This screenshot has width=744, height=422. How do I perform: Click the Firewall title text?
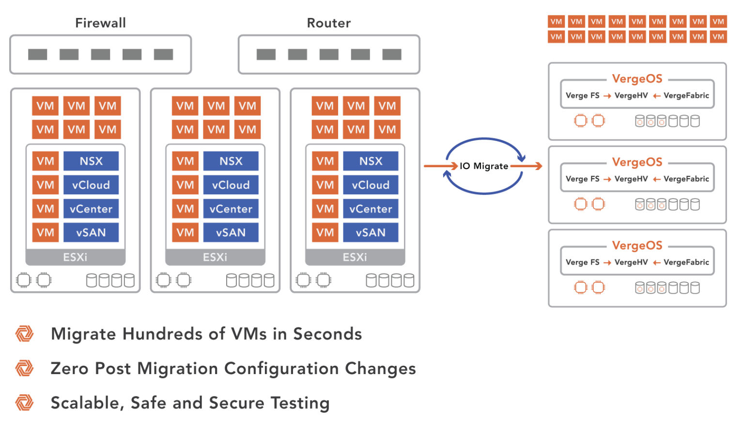click(x=100, y=23)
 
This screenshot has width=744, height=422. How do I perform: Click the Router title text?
click(x=329, y=23)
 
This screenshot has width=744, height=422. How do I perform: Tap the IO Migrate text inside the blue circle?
click(x=484, y=166)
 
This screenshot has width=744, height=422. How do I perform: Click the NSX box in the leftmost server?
click(x=91, y=161)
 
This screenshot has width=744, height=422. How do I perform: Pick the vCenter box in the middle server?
click(x=231, y=209)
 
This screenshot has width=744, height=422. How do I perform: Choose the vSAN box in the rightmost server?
click(x=371, y=233)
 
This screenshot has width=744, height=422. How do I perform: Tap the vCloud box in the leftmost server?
click(x=91, y=185)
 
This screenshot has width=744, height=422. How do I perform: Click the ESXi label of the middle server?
click(x=215, y=257)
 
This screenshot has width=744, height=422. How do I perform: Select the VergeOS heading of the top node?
click(x=637, y=79)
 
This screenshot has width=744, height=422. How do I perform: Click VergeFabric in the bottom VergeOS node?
click(x=686, y=262)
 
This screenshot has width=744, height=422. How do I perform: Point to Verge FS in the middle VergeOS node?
click(x=582, y=179)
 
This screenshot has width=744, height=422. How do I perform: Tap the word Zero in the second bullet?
click(x=70, y=369)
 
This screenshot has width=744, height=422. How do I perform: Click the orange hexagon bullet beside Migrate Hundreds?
click(x=24, y=334)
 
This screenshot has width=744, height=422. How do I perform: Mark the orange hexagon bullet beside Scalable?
click(x=24, y=403)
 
